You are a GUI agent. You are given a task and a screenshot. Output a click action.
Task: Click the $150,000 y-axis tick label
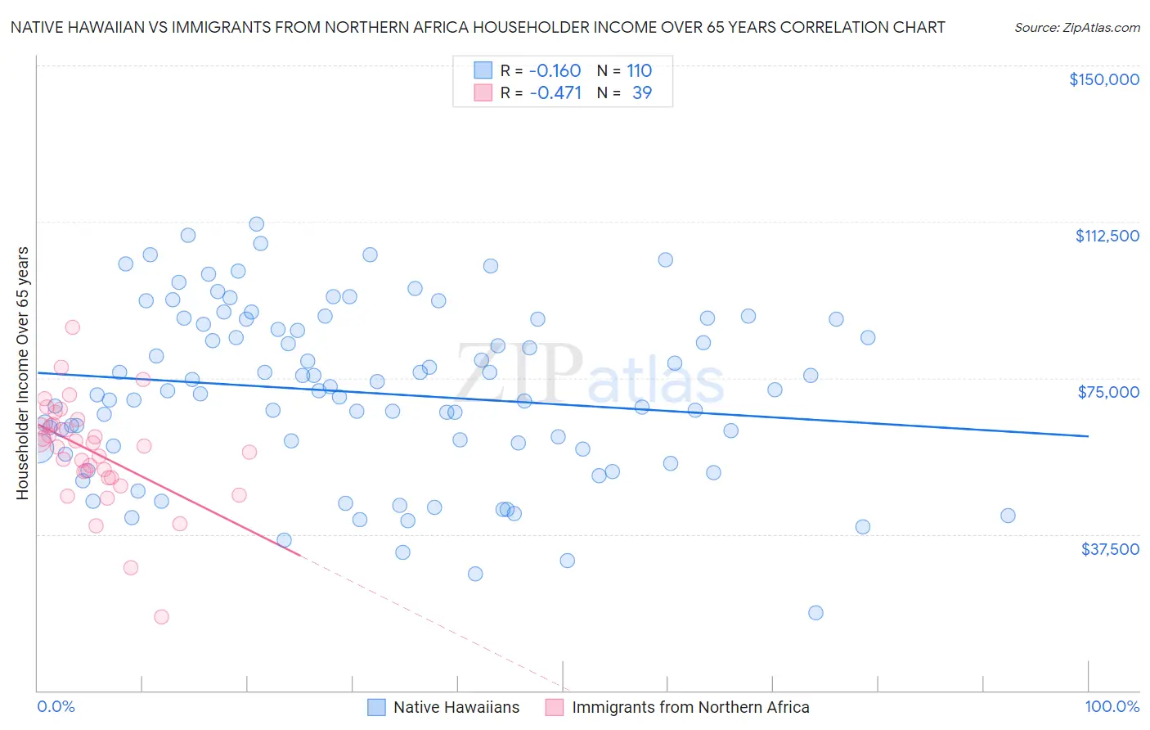(1103, 79)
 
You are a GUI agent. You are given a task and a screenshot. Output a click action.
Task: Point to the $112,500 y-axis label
(1107, 236)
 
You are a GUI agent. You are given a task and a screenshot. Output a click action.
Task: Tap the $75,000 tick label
(1108, 392)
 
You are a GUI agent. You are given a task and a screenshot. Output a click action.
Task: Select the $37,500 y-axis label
(1110, 549)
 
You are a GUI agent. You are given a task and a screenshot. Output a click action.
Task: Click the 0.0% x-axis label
(56, 707)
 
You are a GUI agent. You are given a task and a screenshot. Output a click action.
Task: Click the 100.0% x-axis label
(1112, 707)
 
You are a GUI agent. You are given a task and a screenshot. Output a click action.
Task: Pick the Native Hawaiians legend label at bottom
(456, 708)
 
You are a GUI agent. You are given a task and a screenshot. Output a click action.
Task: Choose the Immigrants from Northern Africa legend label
(690, 708)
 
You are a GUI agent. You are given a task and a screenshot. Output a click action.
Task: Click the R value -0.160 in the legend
(555, 71)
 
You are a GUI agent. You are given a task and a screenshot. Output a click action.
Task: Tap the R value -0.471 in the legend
(555, 93)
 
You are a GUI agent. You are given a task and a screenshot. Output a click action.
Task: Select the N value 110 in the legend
(640, 71)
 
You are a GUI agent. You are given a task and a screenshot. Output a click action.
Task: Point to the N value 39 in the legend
(642, 93)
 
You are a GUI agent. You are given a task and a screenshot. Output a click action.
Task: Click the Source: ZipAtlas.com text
(1076, 28)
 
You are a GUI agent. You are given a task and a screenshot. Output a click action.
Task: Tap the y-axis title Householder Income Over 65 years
(22, 373)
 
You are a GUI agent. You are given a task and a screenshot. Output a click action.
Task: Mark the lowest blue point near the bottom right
(815, 613)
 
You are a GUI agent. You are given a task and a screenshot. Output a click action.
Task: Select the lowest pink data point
(161, 617)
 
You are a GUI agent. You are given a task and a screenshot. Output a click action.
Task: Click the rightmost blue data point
(1008, 516)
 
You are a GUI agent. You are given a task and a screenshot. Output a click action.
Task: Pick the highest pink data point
(72, 327)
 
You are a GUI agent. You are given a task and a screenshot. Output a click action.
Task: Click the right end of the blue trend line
(1088, 436)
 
